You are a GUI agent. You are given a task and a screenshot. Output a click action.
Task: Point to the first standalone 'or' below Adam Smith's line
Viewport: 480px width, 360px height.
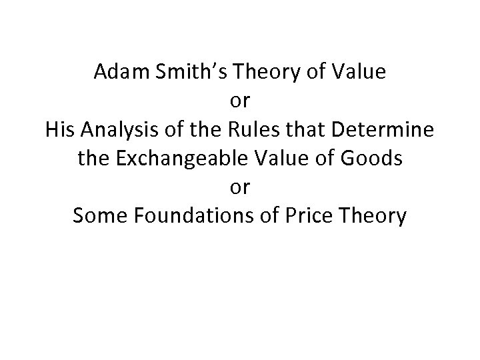(x=240, y=102)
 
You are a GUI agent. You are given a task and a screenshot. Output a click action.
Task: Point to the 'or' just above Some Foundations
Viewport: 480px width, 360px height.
(x=240, y=189)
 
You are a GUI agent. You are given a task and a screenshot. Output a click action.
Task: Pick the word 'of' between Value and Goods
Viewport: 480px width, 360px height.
(x=325, y=159)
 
